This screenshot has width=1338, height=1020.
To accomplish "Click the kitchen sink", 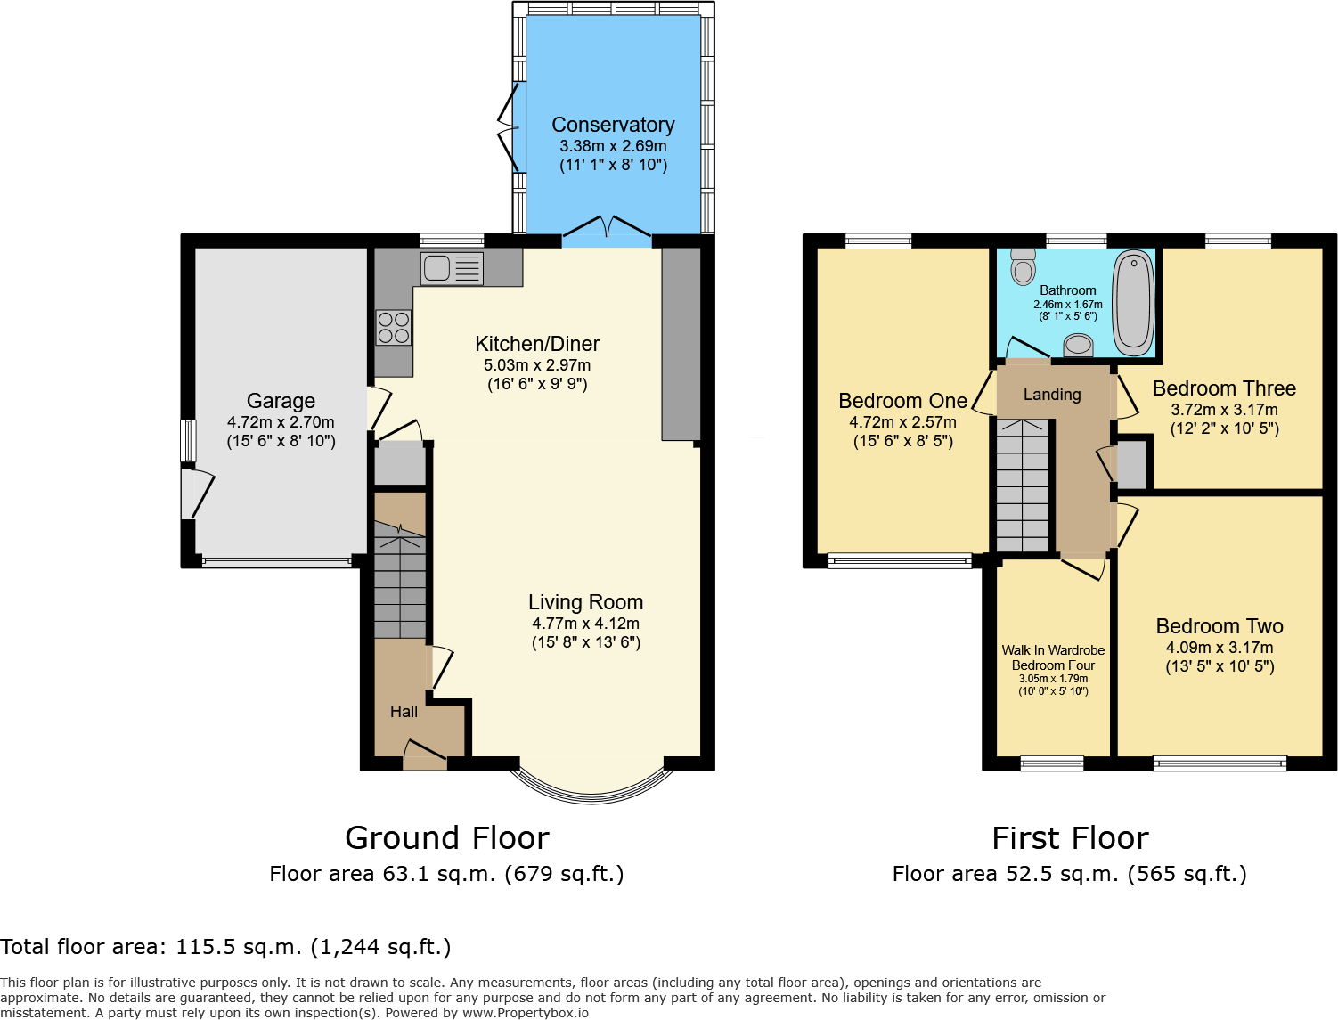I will tap(453, 268).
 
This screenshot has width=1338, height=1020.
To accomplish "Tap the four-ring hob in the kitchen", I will tap(393, 327).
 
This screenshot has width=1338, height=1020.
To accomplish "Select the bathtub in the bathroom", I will tap(1133, 301).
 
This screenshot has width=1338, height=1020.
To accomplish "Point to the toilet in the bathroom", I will tap(1024, 266).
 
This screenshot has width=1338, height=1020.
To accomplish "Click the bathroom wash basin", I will tap(1079, 345).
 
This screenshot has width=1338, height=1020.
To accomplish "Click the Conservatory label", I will tap(613, 125).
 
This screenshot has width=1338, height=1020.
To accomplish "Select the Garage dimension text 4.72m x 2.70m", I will tap(281, 422).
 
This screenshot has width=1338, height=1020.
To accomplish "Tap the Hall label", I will tap(404, 712).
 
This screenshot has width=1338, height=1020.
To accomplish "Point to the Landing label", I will tap(1052, 395).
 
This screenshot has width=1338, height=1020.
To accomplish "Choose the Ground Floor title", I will tap(446, 838).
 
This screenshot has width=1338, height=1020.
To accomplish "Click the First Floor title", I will tap(1070, 838).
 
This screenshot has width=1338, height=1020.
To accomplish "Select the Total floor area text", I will tap(226, 947).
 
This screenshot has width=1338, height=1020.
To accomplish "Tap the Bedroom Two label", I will tap(1220, 626).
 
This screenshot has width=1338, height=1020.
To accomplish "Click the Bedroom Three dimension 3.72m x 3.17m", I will tap(1224, 410).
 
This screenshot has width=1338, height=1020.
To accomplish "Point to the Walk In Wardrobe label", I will tap(1053, 650).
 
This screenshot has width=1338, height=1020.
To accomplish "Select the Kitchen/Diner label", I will tap(537, 344).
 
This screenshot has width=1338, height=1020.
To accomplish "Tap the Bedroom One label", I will tap(902, 401).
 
